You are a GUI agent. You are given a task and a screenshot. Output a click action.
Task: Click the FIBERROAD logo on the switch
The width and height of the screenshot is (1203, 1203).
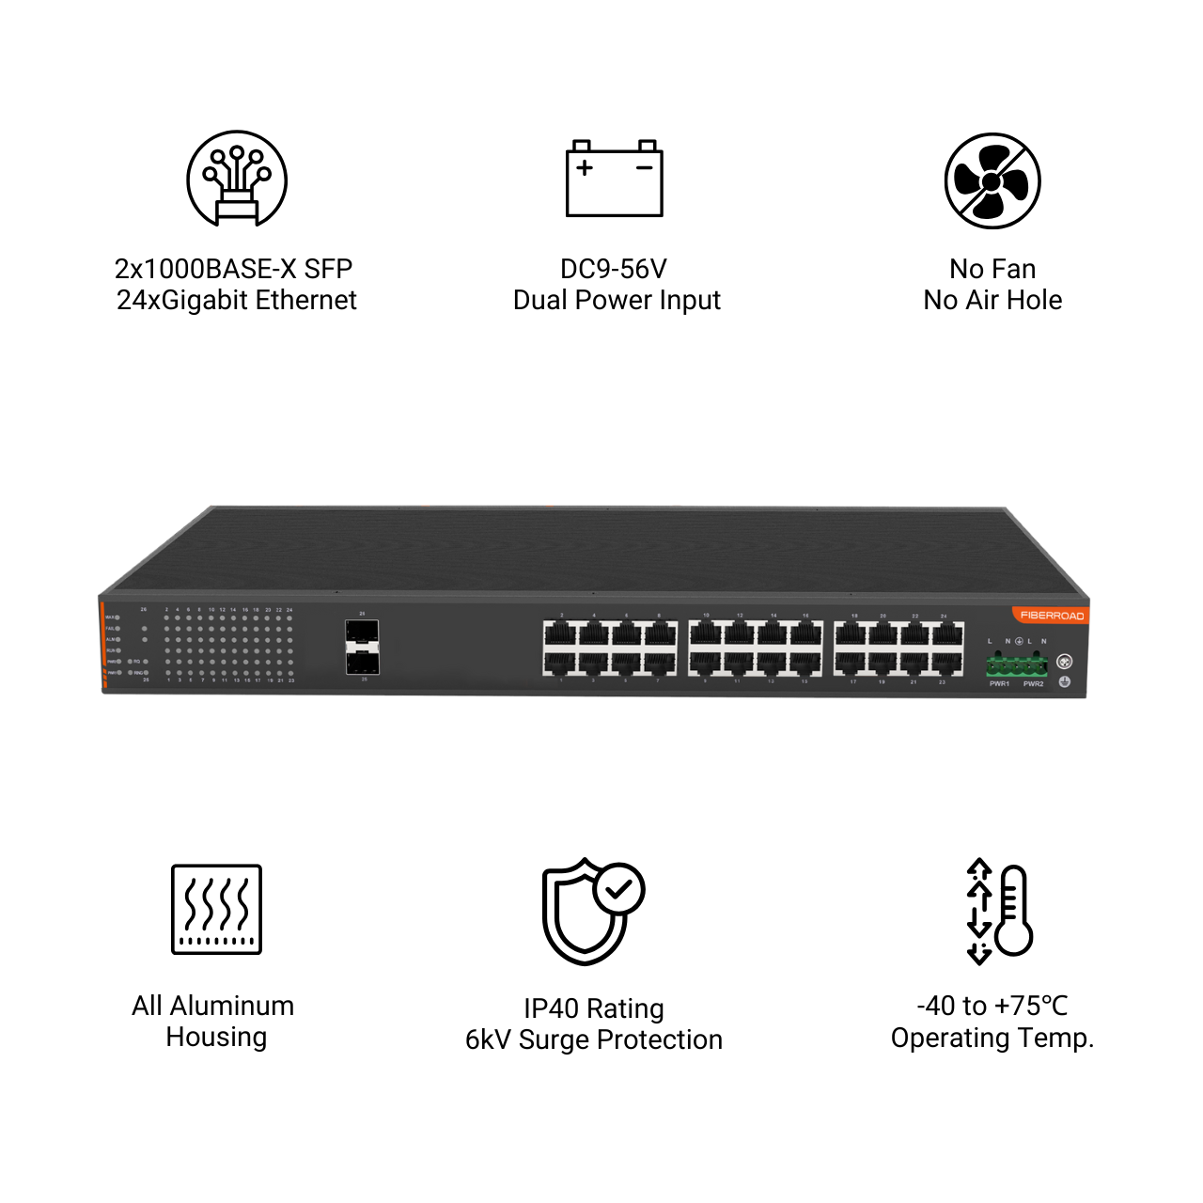click(1052, 616)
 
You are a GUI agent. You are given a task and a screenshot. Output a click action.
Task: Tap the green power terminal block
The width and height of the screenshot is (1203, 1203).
click(1016, 665)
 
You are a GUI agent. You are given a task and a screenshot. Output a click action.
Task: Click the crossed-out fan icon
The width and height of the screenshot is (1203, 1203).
click(992, 180)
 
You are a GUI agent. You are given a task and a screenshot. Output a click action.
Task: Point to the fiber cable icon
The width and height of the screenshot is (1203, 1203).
click(237, 179)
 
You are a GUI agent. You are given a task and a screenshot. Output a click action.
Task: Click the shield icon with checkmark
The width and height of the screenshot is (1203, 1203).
click(592, 910)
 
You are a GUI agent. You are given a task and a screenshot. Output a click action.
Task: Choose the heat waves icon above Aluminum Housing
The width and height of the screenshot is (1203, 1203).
click(216, 909)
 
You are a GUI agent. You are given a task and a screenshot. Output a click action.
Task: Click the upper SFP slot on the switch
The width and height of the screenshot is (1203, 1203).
click(362, 632)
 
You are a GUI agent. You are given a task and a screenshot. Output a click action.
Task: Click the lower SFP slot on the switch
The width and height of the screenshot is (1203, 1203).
click(362, 662)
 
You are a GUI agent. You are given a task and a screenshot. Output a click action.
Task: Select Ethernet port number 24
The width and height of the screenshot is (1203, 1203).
click(947, 633)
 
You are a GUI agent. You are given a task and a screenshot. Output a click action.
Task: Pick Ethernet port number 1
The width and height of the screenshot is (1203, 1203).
click(560, 663)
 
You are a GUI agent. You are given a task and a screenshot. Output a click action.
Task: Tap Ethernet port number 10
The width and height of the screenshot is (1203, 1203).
click(706, 633)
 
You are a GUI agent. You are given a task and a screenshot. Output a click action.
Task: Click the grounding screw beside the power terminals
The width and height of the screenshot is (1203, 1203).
click(1065, 662)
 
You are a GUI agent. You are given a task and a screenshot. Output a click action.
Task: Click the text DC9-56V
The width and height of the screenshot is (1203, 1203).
click(613, 270)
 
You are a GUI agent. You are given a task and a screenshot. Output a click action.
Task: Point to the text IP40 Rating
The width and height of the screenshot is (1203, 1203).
click(594, 1008)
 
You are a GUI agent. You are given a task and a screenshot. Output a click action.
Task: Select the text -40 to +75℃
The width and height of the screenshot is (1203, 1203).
click(992, 1006)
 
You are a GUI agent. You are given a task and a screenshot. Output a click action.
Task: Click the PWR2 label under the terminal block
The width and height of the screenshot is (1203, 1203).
click(1033, 684)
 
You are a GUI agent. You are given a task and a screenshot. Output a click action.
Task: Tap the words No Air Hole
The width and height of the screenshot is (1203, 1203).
click(992, 301)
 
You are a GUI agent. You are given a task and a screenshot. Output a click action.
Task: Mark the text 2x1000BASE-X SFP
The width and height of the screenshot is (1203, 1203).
click(233, 270)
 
